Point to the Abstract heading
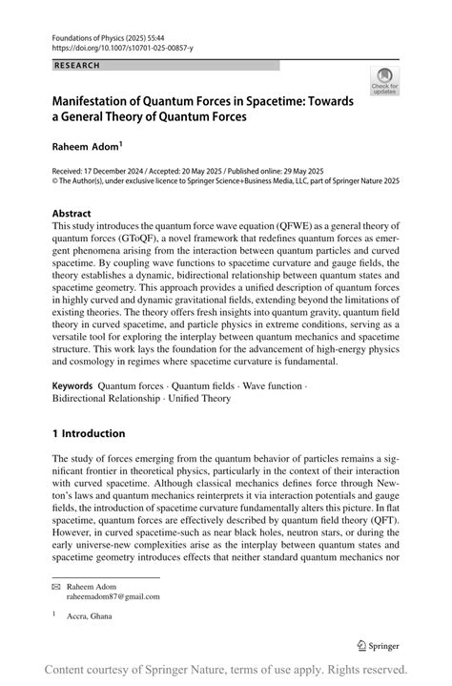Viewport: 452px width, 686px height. [72, 214]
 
